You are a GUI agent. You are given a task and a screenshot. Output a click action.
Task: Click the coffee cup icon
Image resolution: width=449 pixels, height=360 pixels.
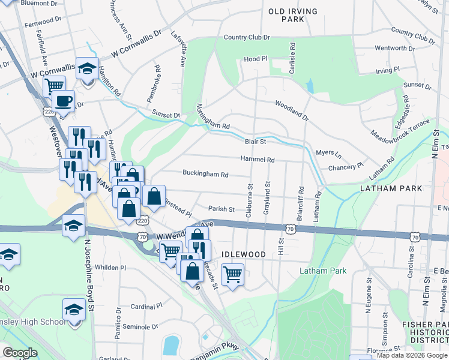pyautogui.click(x=63, y=101)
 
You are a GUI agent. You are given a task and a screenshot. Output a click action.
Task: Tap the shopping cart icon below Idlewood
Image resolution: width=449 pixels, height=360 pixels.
pyautogui.click(x=232, y=274)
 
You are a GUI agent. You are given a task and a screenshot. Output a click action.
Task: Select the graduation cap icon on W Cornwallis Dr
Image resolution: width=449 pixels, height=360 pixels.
pyautogui.click(x=88, y=70)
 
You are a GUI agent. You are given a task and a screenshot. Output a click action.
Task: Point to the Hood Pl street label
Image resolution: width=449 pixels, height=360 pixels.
pyautogui.click(x=255, y=59)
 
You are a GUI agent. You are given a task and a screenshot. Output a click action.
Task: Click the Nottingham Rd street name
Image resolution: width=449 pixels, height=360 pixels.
pyautogui.click(x=213, y=118)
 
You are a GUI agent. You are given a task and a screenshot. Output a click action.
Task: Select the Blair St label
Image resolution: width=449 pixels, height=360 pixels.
pyautogui.click(x=255, y=142)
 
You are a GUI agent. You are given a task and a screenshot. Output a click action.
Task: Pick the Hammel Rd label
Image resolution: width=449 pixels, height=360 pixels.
pyautogui.click(x=257, y=160)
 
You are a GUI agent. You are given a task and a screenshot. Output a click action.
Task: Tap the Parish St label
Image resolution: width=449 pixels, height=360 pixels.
pyautogui.click(x=221, y=209)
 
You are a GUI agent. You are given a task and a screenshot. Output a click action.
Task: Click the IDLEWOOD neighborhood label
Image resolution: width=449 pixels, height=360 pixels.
pyautogui.click(x=243, y=254)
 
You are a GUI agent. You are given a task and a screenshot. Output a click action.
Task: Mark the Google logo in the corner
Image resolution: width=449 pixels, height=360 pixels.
pyautogui.click(x=20, y=353)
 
